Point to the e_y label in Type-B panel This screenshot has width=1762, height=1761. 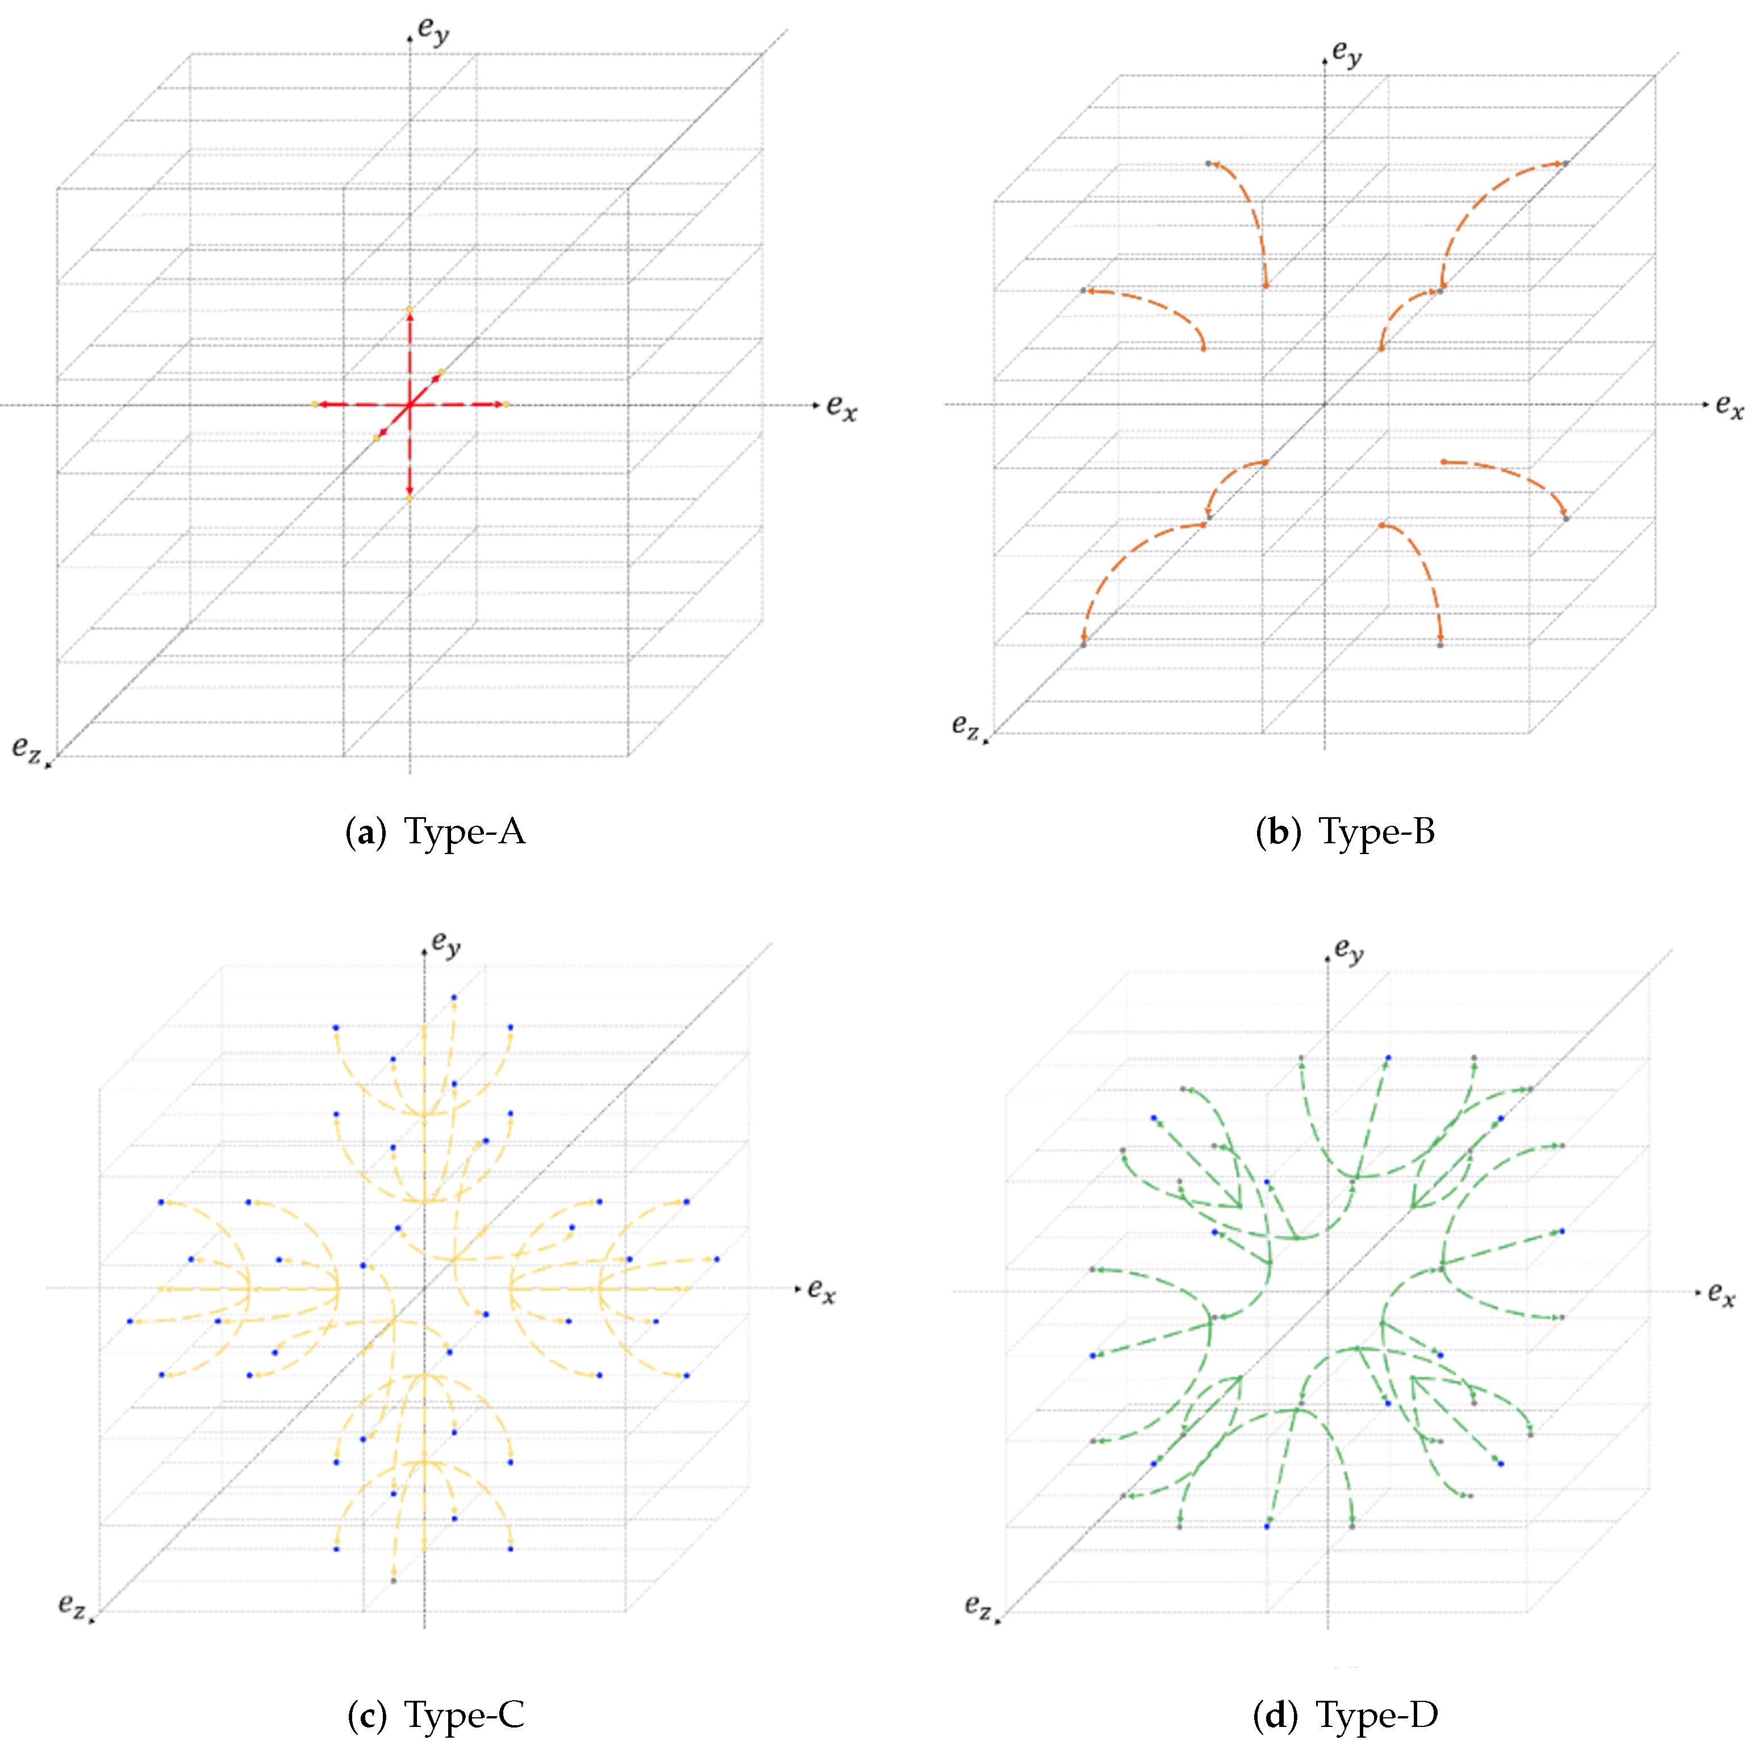point(1347,52)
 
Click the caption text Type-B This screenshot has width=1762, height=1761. point(1376,832)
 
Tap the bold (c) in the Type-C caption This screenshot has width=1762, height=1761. point(366,1716)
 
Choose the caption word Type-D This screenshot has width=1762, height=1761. point(1376,1716)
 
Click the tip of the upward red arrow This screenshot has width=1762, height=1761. point(410,312)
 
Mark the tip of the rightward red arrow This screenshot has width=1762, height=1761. point(504,404)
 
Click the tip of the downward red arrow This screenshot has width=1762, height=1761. point(410,496)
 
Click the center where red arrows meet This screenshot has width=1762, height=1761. point(410,404)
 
